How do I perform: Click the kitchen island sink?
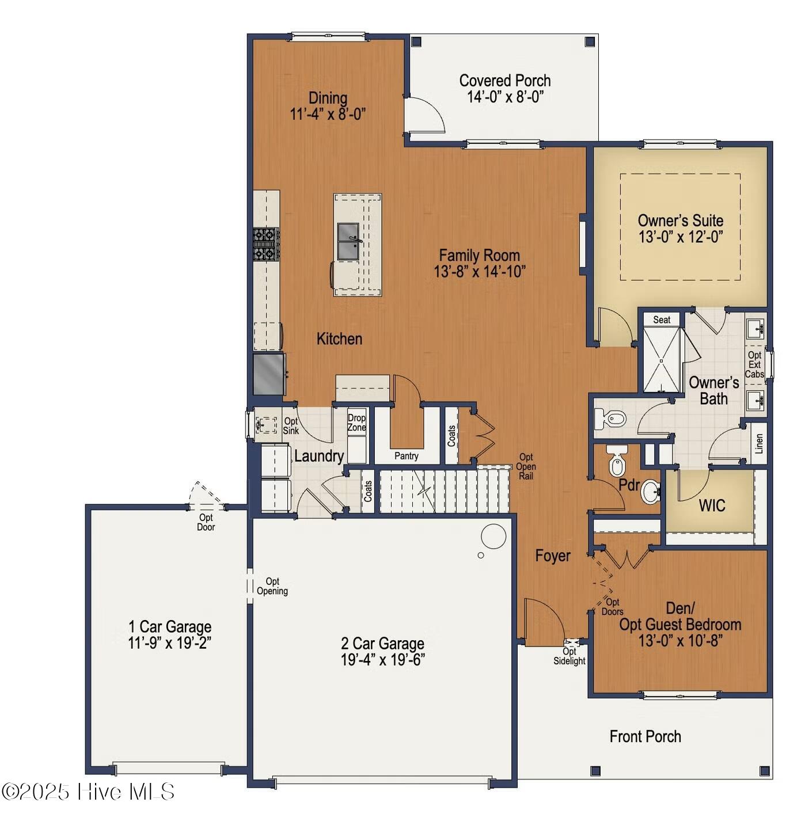click(348, 241)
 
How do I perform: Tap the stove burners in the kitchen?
click(265, 244)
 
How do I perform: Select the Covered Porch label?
click(504, 81)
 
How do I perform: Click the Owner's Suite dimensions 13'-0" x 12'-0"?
click(680, 237)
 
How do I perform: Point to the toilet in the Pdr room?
click(616, 461)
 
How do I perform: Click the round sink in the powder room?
click(651, 492)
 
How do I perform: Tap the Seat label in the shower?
click(662, 320)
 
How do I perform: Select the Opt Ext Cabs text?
click(754, 364)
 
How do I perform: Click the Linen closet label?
click(759, 443)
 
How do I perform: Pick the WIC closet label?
click(712, 505)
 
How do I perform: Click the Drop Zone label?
click(356, 423)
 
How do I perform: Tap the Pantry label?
click(406, 456)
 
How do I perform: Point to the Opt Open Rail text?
click(526, 466)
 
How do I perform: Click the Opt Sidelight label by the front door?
click(569, 656)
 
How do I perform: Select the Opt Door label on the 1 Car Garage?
click(206, 522)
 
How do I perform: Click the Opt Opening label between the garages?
click(272, 586)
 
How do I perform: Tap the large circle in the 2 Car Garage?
click(493, 536)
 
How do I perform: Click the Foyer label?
click(552, 556)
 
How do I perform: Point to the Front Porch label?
click(645, 736)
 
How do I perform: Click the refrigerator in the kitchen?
click(268, 374)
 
